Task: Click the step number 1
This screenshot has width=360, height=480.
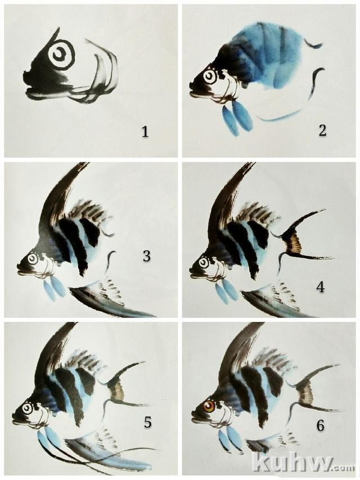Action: pos(145,132)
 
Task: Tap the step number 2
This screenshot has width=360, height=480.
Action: pos(322,131)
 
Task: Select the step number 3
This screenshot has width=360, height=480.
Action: pos(146,256)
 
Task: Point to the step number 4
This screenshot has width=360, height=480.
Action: pos(321,288)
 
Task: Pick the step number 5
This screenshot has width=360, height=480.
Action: pos(147,422)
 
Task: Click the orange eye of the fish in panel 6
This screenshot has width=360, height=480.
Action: pos(210,407)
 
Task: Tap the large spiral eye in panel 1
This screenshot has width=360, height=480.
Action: pos(61,55)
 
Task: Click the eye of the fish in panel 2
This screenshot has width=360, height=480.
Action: pos(209,76)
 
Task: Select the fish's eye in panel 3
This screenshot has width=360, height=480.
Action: pos(32,259)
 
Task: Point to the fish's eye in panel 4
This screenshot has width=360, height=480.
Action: pos(203,263)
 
